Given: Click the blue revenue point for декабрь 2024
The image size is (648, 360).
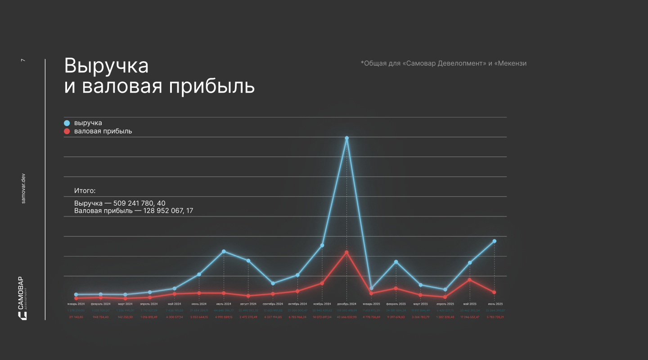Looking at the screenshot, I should coord(346,138).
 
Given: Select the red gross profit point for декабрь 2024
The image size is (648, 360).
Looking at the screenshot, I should coord(346,252).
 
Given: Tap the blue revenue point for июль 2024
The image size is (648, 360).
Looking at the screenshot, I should coord(224,251).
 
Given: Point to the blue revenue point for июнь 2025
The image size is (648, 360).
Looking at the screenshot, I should coord(494,241).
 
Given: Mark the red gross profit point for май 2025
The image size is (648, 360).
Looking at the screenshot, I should coord(469,280).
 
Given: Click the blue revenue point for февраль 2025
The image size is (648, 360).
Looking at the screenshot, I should coord(396,262).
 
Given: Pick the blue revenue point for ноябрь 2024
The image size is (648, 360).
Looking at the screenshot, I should coord(322,245).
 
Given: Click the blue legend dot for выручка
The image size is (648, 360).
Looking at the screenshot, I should coord(67,123).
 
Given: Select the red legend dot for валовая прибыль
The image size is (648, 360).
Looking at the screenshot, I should coord(67,131).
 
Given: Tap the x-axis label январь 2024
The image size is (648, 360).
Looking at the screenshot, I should coord(76,304).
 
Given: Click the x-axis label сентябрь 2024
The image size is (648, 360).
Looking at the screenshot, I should coord(273,304).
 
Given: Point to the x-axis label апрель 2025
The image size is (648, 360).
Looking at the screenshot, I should coord(445,304).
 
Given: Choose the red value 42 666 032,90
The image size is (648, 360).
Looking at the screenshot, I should coord(346,317).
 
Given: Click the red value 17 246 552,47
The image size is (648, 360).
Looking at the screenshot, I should coord(469,317).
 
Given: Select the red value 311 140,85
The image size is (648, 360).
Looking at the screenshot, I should coord(76,317).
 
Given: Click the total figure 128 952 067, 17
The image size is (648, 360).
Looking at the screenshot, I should coord(168,211).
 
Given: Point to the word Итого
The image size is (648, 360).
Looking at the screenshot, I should coord(85,191).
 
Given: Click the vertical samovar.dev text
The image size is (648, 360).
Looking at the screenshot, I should coord(23,188).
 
